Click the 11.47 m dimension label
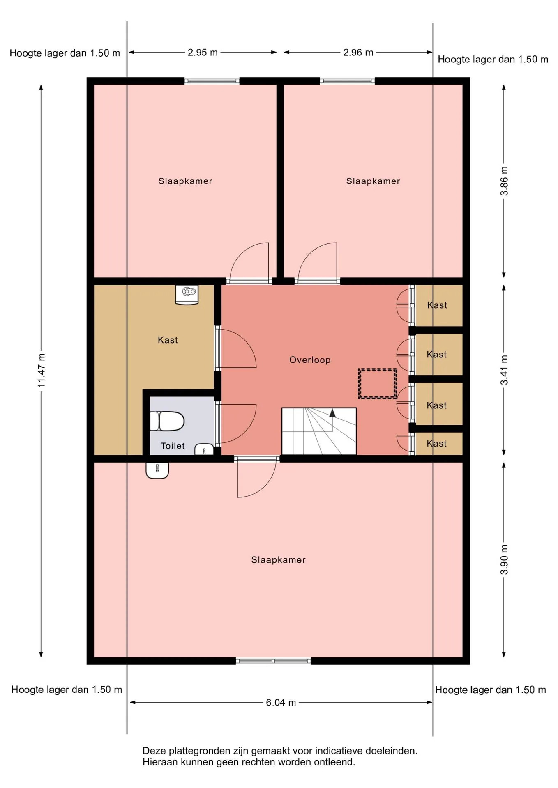click(x=42, y=370)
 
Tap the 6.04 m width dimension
click(x=281, y=702)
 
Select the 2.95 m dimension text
click(x=203, y=53)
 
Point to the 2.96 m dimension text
click(x=358, y=53)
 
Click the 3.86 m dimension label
click(x=504, y=181)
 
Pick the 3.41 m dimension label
click(x=504, y=370)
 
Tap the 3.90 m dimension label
click(x=504, y=560)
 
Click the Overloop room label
click(x=310, y=360)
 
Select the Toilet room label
click(x=173, y=446)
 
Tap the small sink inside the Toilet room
click(x=204, y=449)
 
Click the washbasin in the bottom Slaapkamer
click(x=157, y=470)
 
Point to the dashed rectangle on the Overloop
click(x=378, y=383)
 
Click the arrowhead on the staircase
click(x=332, y=413)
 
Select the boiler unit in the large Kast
click(x=187, y=295)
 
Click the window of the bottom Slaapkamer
click(x=273, y=660)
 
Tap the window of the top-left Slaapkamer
click(x=212, y=81)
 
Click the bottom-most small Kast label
click(x=436, y=443)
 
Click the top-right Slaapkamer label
click(x=373, y=181)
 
